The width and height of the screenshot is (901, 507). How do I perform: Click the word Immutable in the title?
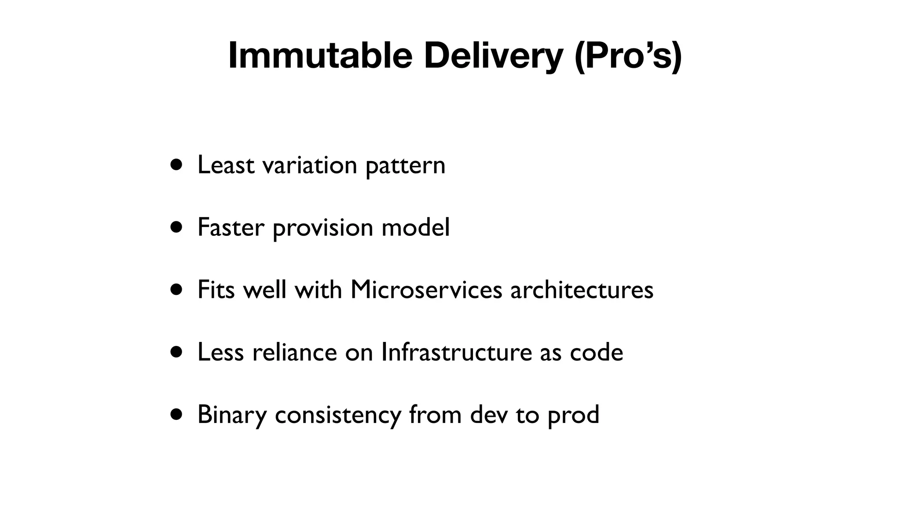(320, 55)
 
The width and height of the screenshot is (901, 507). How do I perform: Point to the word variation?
(309, 165)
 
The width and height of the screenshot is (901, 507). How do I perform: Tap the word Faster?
(231, 228)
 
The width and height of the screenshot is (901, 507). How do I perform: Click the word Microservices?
(426, 290)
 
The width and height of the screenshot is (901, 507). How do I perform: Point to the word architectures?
(582, 290)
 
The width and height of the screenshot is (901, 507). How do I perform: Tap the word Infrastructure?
(457, 353)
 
